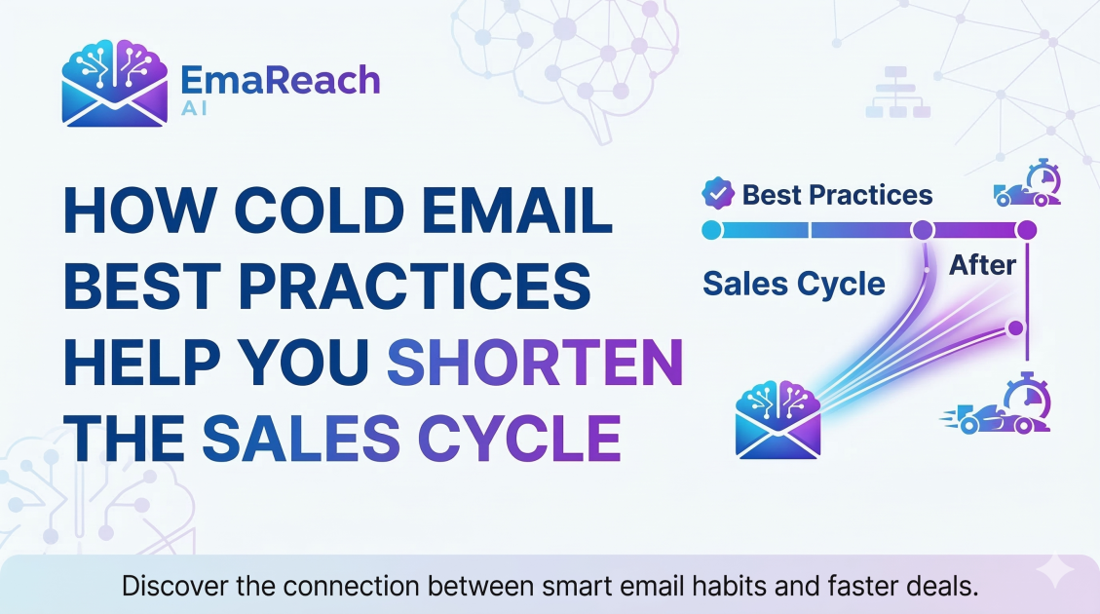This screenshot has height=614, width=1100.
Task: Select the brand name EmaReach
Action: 282,79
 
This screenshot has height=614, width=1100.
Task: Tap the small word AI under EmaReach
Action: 194,109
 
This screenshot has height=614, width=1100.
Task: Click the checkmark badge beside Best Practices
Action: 718,193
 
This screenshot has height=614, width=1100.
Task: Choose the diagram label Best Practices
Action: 837,194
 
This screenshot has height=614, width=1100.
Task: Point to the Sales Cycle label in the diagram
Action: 793,284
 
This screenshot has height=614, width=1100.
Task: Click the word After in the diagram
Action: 982,264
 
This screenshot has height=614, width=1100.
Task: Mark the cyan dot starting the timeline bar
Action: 711,230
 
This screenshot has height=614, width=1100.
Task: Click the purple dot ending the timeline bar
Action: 1025,230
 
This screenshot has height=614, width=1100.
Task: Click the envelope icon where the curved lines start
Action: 778,420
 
